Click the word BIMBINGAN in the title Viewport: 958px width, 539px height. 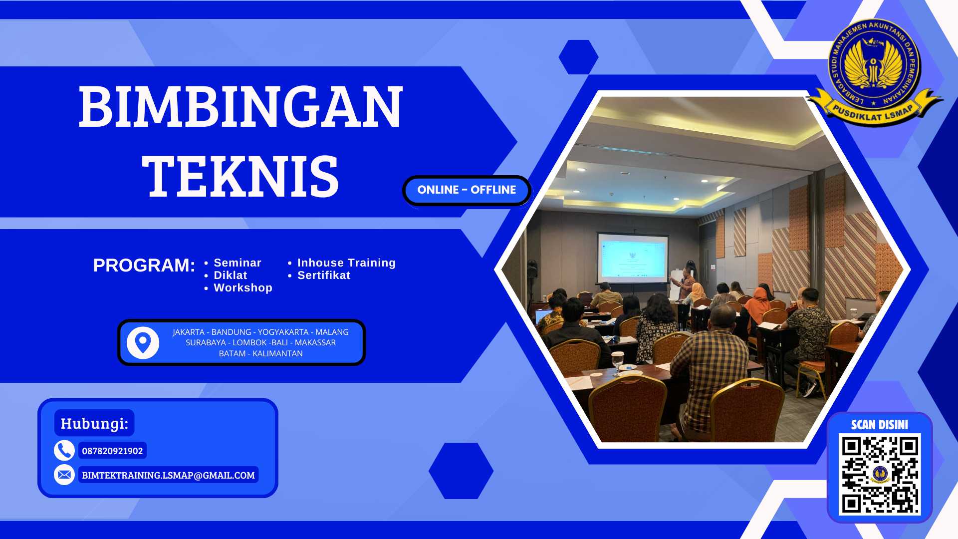coord(240,107)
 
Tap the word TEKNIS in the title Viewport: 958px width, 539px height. coord(240,176)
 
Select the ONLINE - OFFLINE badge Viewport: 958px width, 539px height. coord(467,190)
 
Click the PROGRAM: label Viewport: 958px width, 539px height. coord(144,265)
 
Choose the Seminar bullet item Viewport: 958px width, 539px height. coord(237,263)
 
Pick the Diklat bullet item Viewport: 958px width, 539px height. coord(230,275)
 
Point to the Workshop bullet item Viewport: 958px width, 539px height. coord(242,288)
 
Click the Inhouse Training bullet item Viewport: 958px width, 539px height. coord(346,263)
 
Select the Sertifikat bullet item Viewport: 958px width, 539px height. coord(324,275)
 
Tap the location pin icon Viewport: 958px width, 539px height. coord(143,343)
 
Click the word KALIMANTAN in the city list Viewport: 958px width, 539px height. coord(277,354)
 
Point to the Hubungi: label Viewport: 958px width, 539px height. coord(94,424)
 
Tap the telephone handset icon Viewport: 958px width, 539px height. coord(64,451)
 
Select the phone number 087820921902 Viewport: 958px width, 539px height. coord(112,451)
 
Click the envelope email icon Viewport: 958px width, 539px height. coord(64,475)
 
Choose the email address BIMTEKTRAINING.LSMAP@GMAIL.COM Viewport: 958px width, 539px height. coord(168,476)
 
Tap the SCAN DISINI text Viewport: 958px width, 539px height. coord(880,425)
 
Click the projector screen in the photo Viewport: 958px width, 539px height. coord(633,258)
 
